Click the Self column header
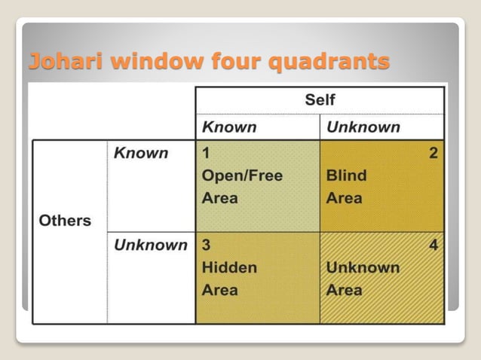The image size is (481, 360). coord(320,100)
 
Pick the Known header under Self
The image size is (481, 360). coord(229,127)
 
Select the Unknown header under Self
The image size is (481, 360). coord(363,127)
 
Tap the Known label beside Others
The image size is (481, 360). coord(140,153)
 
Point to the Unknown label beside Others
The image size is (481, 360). coord(150,245)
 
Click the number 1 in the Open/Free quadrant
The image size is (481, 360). coord(205,154)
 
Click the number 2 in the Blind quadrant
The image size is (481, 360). coord(433,154)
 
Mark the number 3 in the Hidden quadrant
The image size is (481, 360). coord(206,246)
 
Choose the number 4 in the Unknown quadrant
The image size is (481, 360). coord(433,246)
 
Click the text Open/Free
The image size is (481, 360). coord(242,176)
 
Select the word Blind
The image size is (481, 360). coord(346,176)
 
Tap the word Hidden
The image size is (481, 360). coord(229,267)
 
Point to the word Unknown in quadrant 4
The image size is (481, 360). coord(363,267)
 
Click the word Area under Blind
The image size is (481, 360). coord(344,199)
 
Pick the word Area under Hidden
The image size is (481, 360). coord(219,290)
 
